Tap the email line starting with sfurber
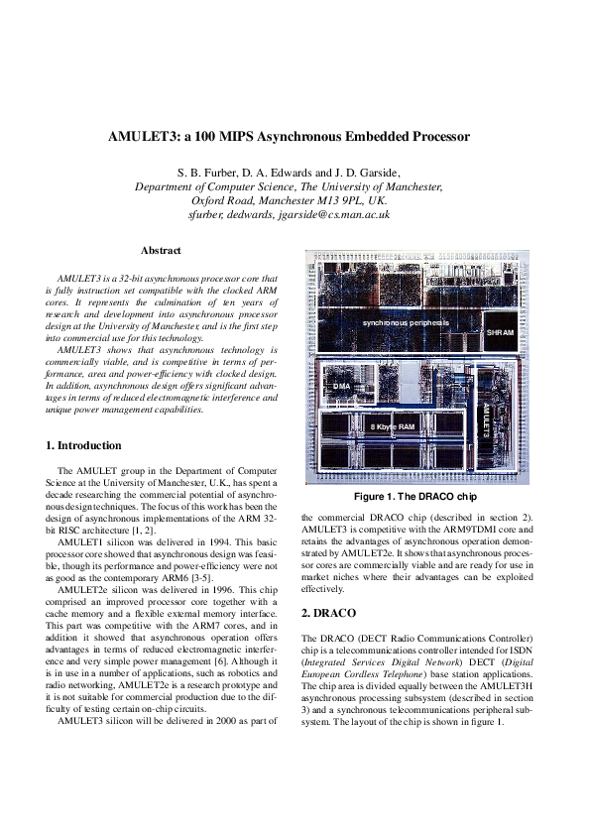288,213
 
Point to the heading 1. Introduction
84,445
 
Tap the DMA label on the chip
343,385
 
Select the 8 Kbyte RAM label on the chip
392,425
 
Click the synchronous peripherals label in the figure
406,323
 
